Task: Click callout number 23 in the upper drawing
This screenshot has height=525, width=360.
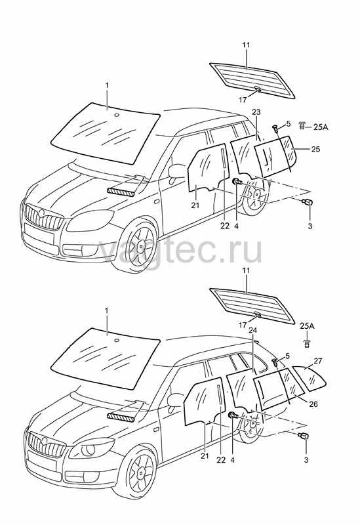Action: tap(256, 112)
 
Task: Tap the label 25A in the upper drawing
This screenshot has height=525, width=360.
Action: tap(321, 127)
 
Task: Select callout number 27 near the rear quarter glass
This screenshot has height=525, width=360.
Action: tap(318, 361)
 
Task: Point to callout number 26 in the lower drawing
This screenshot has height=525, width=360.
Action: tap(313, 404)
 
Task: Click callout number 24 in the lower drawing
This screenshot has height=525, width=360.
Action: tap(253, 331)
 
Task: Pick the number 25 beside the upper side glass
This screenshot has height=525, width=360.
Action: tap(315, 149)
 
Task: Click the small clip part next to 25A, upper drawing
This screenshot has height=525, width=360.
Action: tap(302, 126)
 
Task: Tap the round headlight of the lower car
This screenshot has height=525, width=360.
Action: tap(88, 450)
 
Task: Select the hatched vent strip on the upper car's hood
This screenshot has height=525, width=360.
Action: tap(121, 192)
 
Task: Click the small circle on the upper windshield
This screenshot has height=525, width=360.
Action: tap(117, 115)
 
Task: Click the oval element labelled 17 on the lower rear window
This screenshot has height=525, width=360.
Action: tap(258, 314)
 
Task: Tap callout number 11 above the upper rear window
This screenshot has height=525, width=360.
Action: tap(247, 45)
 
